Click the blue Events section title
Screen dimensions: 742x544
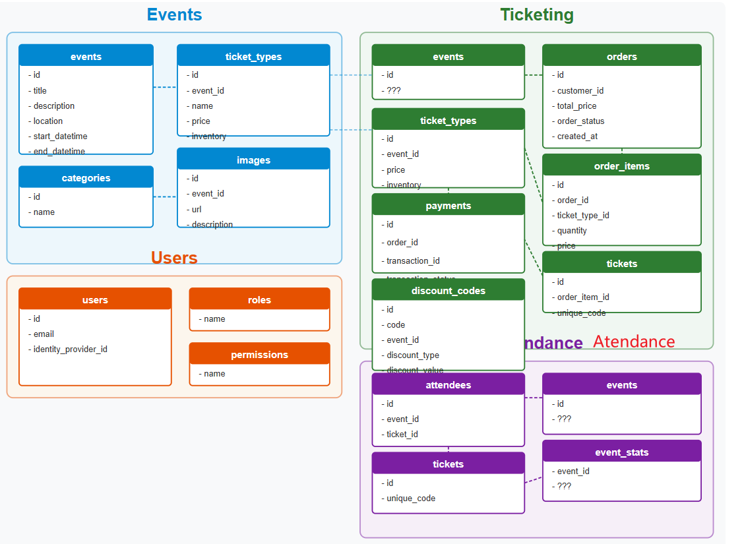(x=174, y=15)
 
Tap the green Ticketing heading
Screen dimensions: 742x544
(x=536, y=15)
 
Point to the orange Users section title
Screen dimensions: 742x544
(x=174, y=258)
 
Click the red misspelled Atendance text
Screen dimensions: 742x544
(x=634, y=342)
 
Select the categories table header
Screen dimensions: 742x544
(x=86, y=178)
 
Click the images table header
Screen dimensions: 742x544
(x=253, y=160)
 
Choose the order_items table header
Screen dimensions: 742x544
(x=621, y=166)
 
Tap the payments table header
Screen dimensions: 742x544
(x=448, y=206)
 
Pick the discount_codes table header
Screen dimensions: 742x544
(x=448, y=291)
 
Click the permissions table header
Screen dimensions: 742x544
(x=259, y=355)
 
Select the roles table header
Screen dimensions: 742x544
(x=259, y=300)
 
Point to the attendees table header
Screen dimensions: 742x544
(x=448, y=385)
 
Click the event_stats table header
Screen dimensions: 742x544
(x=621, y=452)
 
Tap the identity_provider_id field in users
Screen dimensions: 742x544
(x=70, y=349)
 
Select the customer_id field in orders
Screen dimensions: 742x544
(x=580, y=90)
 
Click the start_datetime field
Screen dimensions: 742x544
(x=60, y=136)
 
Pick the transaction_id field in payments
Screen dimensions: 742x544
(x=413, y=260)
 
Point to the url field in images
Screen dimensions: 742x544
(x=197, y=209)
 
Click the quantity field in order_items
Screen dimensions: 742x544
(x=571, y=230)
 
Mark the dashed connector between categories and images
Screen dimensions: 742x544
(x=165, y=196)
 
